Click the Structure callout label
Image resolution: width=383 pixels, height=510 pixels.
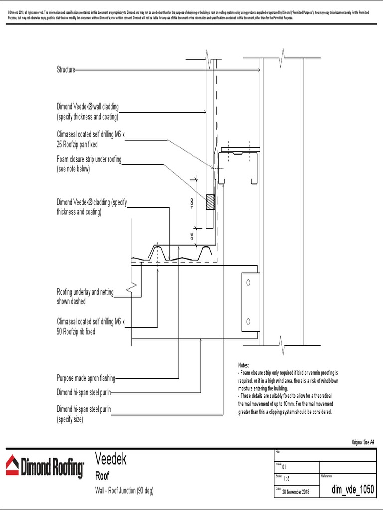click(x=66, y=70)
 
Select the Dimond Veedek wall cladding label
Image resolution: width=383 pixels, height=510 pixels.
click(x=88, y=112)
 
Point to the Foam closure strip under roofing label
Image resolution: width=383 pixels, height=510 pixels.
click(x=89, y=164)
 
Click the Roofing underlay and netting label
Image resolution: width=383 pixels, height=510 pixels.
click(x=85, y=297)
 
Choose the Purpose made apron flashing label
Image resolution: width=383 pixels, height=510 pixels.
click(x=86, y=379)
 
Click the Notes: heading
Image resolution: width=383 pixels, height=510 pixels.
click(x=244, y=366)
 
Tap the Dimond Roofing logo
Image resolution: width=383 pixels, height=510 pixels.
click(x=44, y=467)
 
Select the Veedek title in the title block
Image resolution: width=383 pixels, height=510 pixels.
click(x=111, y=459)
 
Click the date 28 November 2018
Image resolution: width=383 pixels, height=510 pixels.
click(x=296, y=492)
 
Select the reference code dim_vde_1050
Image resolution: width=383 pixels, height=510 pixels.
click(x=352, y=490)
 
